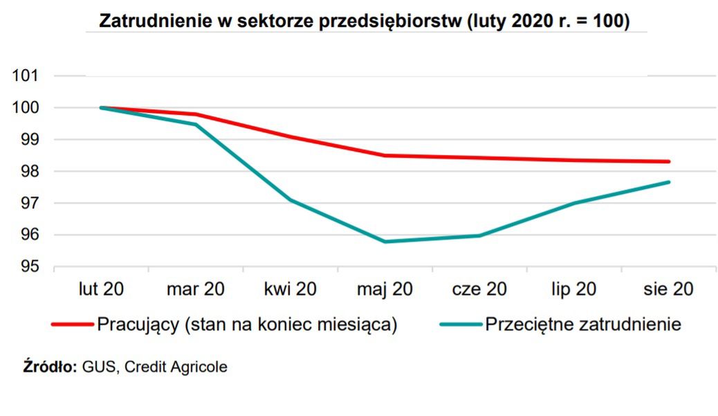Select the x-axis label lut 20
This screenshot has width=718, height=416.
100,289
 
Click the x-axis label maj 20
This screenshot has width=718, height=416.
385,289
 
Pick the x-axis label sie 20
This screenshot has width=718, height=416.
668,289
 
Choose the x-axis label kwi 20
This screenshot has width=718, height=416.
290,289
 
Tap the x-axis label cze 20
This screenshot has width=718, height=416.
479,289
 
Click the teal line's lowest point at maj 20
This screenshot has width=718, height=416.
385,242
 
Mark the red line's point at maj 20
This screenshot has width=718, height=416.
385,155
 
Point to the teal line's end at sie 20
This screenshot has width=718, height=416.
668,182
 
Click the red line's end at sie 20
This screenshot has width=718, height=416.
668,161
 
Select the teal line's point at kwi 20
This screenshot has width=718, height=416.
290,200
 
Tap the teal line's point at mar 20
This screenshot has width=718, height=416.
196,125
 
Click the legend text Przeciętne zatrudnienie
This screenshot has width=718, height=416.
583,324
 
